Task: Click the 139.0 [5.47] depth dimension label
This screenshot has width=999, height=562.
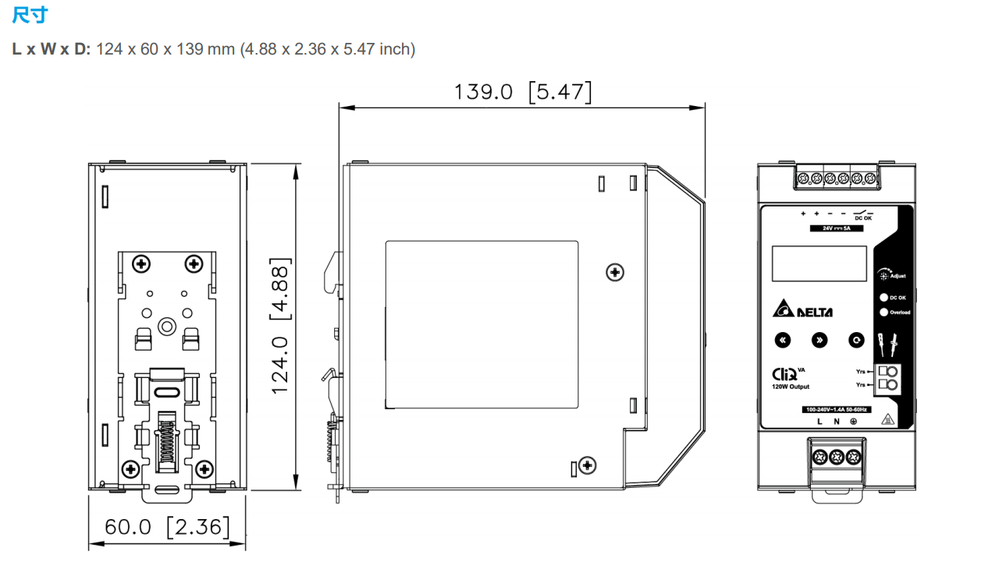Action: tap(522, 92)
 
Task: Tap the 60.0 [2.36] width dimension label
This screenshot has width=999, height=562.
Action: tap(167, 527)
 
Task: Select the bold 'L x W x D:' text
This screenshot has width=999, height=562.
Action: tap(52, 50)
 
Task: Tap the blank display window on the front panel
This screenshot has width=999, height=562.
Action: tap(819, 263)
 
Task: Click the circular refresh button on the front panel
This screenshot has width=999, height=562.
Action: tap(857, 340)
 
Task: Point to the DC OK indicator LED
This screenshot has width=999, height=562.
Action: tap(883, 297)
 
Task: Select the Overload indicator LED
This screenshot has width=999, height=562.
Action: tap(883, 313)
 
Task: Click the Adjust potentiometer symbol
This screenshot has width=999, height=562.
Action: tap(883, 274)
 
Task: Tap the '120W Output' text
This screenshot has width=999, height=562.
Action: tap(791, 387)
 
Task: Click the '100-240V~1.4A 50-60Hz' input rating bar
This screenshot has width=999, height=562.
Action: tap(837, 409)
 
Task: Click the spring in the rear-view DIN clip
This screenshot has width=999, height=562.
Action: tap(165, 444)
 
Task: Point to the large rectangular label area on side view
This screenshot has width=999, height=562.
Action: tap(482, 325)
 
